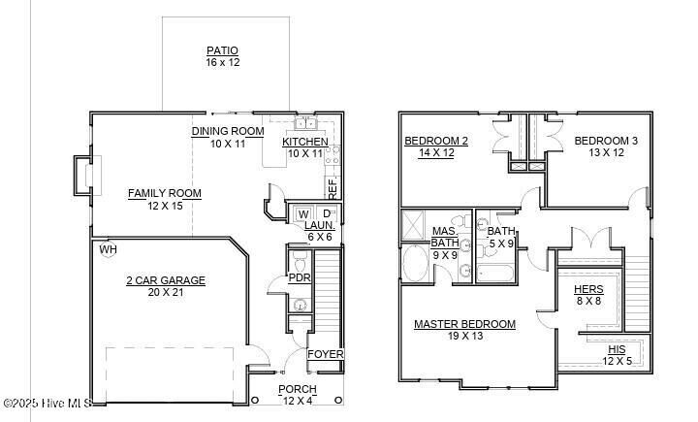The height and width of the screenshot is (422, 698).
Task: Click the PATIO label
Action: coord(222,50)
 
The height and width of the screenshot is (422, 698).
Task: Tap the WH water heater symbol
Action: coord(108,250)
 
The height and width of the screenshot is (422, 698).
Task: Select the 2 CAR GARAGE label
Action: coord(166,280)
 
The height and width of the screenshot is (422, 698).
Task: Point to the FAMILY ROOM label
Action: coord(165,193)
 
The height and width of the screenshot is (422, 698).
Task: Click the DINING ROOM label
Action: coord(228,131)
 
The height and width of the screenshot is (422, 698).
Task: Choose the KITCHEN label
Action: coord(305,142)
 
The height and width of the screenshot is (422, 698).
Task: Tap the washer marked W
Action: coord(303,213)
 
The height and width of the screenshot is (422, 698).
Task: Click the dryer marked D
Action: coord(327,213)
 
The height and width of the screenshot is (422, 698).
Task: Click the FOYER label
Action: coord(325,354)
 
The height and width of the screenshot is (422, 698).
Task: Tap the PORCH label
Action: coord(297,389)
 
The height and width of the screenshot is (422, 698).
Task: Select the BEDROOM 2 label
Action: coord(436,141)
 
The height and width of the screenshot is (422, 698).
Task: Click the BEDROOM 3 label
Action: coord(606,141)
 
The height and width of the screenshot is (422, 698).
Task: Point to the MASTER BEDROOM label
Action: coord(464,324)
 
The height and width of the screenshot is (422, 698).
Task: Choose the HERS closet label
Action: coord(588,289)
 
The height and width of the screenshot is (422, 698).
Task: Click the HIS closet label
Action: coord(617,349)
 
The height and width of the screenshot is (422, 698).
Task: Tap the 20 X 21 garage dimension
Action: coord(166,292)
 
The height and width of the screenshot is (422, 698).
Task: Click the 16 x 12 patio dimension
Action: coord(222,62)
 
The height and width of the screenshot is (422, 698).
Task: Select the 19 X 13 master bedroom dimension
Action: coord(464,336)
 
